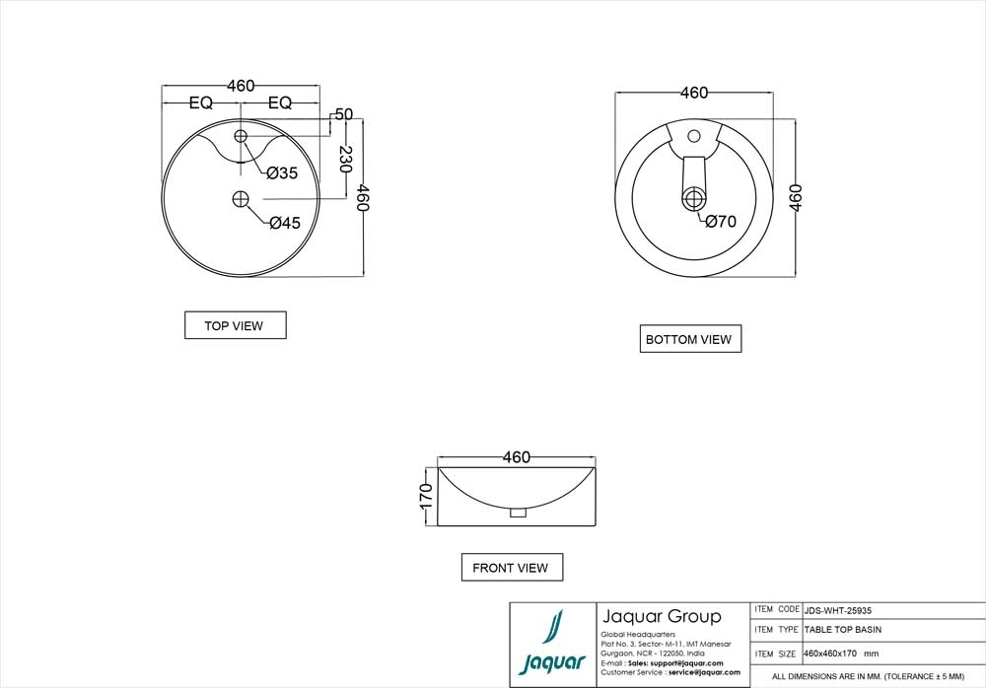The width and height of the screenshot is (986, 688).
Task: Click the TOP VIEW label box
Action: (235, 325)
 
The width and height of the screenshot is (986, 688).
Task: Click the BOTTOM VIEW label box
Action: (689, 339)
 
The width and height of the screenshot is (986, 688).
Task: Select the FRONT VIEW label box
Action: (511, 568)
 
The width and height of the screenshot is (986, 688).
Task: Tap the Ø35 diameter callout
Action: (282, 173)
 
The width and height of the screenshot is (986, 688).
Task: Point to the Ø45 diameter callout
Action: (284, 223)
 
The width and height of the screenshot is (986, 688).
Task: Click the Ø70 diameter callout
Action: (720, 222)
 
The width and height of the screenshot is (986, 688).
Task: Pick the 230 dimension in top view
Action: (346, 160)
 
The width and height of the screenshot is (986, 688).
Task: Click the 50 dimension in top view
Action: (343, 114)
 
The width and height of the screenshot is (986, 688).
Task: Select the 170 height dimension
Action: (426, 496)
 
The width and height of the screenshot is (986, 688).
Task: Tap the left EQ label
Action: (201, 103)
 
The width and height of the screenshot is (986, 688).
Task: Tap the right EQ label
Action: (280, 103)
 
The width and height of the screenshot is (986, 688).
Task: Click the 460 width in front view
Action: (517, 457)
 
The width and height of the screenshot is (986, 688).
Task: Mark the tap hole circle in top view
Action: (241, 135)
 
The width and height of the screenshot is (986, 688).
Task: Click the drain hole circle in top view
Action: (241, 199)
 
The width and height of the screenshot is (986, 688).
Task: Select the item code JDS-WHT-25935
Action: (838, 610)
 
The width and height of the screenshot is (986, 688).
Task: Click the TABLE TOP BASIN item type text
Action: (843, 630)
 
